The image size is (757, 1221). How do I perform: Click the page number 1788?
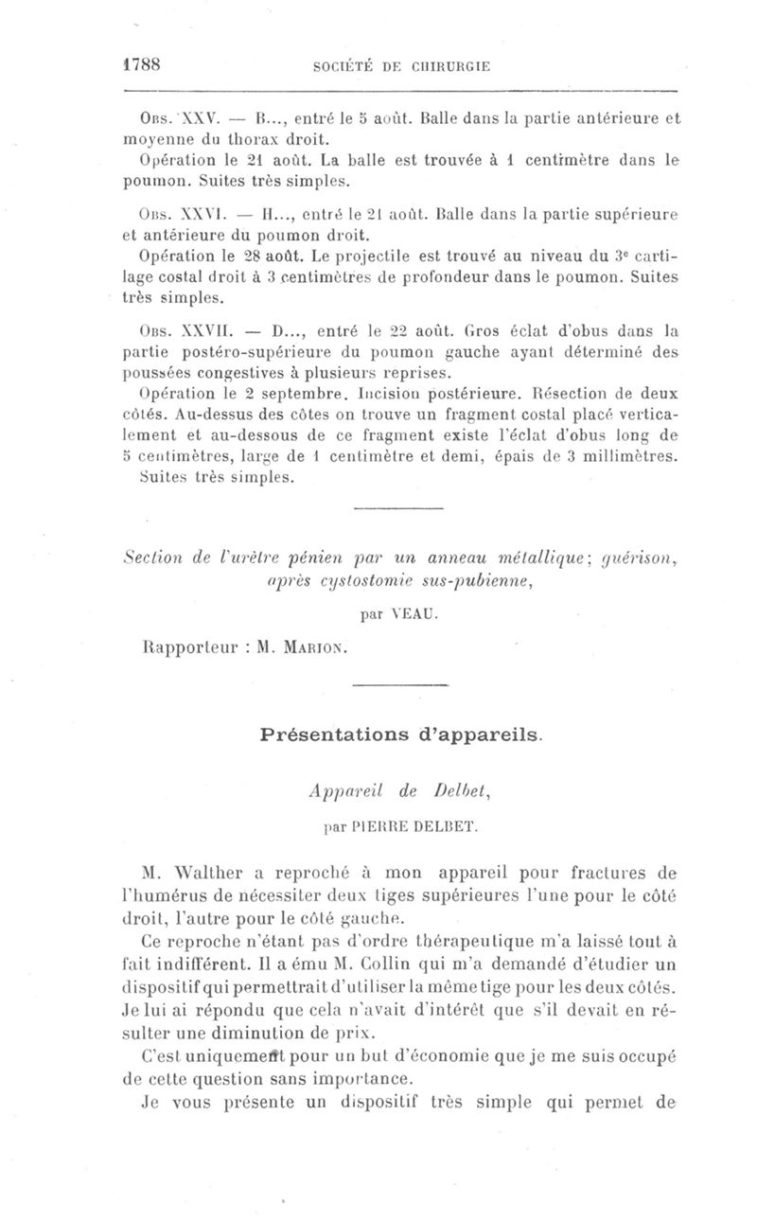145,65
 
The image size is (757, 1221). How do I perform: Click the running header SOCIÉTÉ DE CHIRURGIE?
399,66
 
